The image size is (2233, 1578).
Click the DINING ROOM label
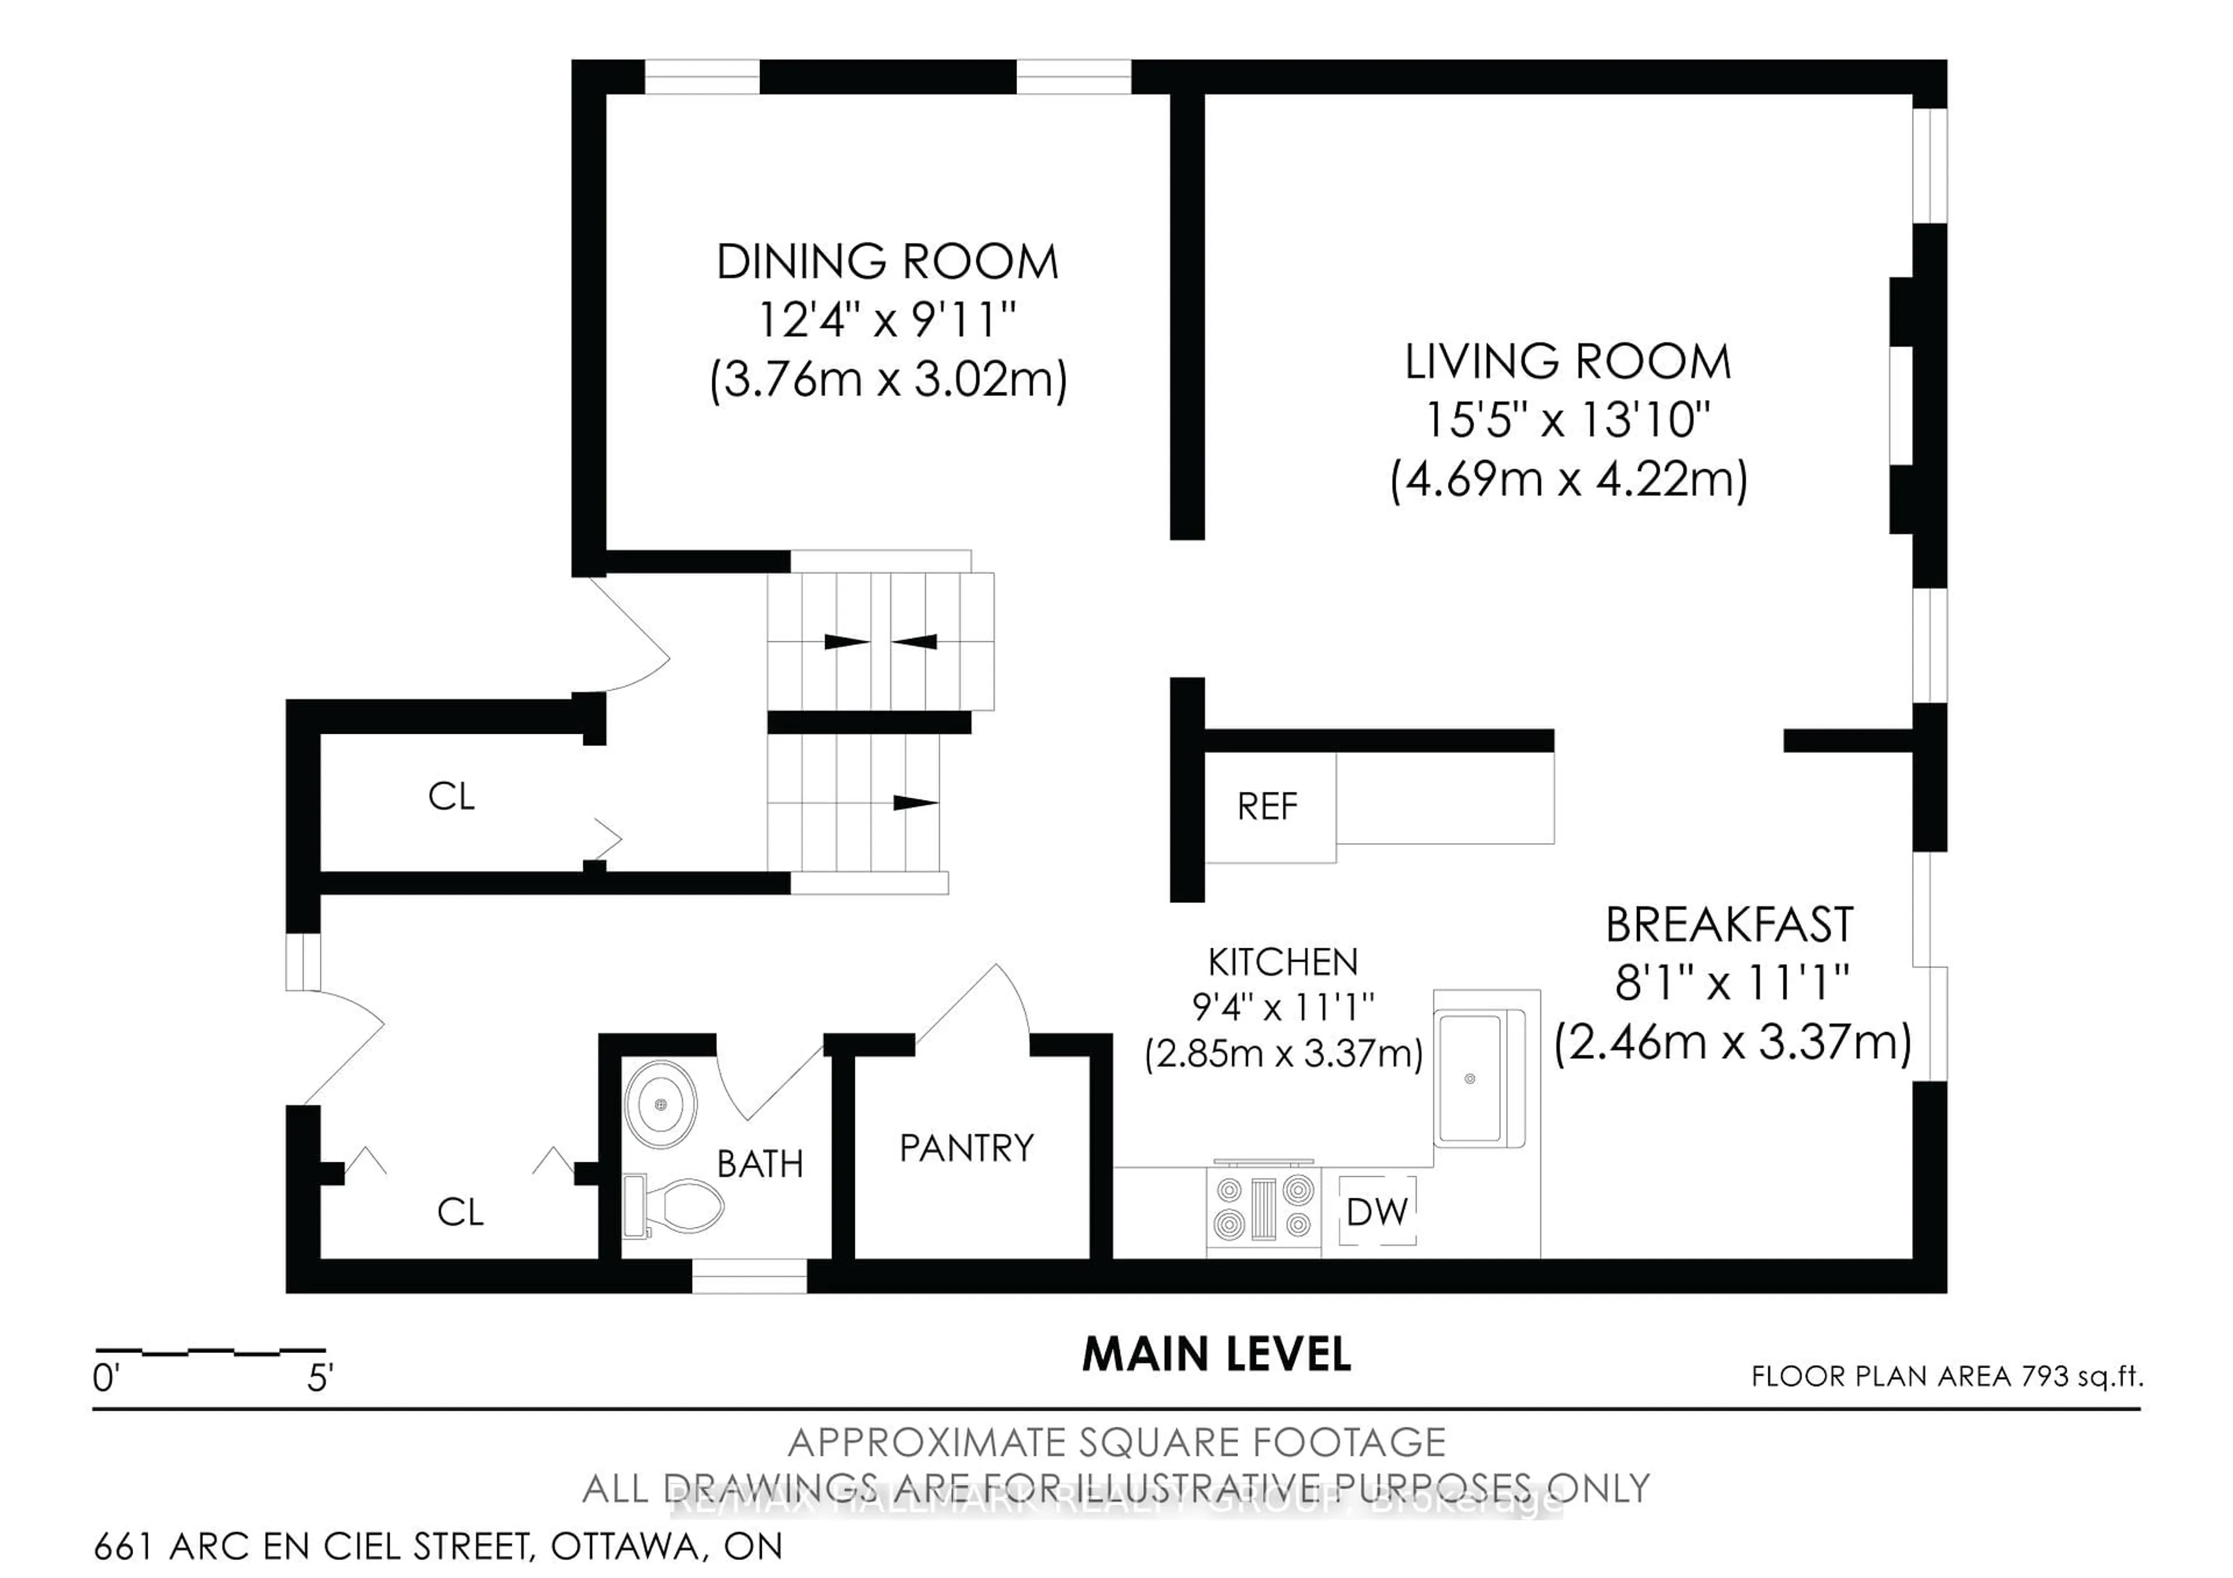click(887, 262)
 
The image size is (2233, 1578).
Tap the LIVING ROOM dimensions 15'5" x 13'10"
click(1567, 420)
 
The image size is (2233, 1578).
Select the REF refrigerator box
click(1268, 806)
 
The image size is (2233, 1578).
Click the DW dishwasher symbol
click(1377, 1212)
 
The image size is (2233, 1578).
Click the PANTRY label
click(966, 1148)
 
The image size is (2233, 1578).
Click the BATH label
click(759, 1164)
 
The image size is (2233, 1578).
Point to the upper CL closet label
click(451, 797)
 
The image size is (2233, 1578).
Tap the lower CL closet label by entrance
click(460, 1212)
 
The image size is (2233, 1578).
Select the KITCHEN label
click(1283, 962)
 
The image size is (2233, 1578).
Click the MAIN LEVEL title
click(1217, 1354)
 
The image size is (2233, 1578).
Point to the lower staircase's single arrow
click(914, 802)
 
